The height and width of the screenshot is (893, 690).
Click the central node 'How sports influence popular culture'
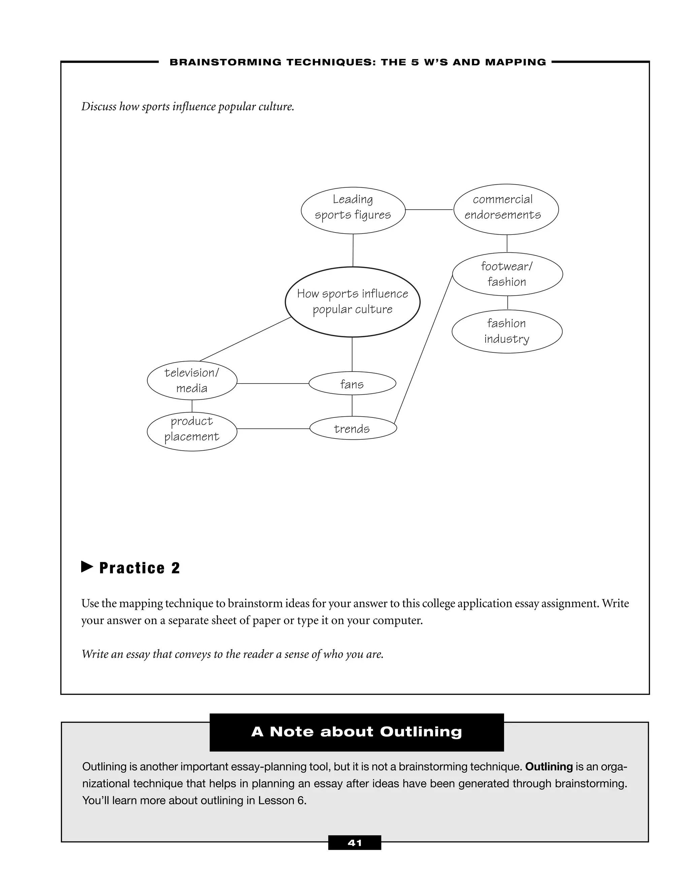(x=352, y=302)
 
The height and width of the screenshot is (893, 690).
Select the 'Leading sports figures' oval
(x=353, y=210)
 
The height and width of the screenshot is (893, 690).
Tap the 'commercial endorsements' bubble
(x=506, y=209)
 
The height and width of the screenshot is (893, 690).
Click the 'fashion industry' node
(x=507, y=331)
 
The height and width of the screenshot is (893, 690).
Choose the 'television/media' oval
(x=192, y=380)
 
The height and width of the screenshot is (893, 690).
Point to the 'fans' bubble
(x=352, y=383)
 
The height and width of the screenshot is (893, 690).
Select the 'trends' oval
(x=353, y=429)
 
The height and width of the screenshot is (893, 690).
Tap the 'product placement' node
(x=192, y=431)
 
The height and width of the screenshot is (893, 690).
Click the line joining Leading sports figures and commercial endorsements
(x=429, y=210)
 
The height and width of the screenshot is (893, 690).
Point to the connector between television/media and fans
(x=273, y=383)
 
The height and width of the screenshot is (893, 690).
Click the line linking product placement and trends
(x=273, y=429)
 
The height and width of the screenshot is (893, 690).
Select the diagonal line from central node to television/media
(x=245, y=339)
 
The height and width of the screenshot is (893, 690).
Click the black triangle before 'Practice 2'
(x=87, y=567)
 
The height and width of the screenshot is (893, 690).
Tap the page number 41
(x=354, y=842)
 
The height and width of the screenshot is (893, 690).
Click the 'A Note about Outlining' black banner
(x=356, y=732)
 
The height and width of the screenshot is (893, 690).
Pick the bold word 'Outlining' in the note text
(x=548, y=767)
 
